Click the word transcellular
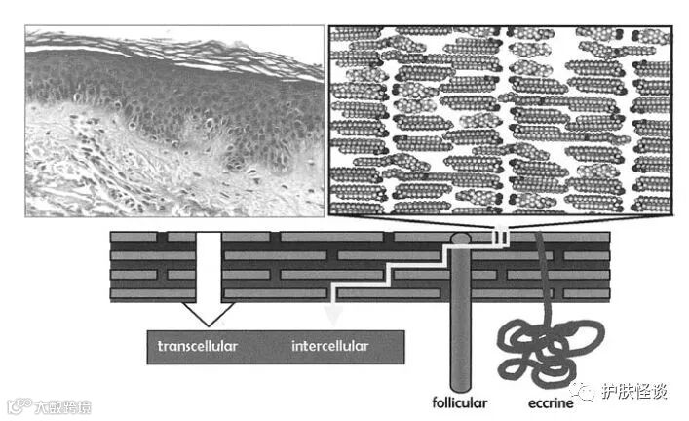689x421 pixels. pyautogui.click(x=198, y=346)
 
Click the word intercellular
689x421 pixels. pyautogui.click(x=330, y=346)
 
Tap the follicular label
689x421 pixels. pyautogui.click(x=461, y=401)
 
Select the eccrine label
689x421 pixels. pyautogui.click(x=539, y=401)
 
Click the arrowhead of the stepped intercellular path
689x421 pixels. pyautogui.click(x=333, y=314)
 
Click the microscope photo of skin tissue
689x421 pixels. pyautogui.click(x=173, y=121)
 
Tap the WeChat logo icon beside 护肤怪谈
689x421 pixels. pyautogui.click(x=586, y=391)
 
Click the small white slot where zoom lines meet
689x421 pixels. pyautogui.click(x=500, y=236)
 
